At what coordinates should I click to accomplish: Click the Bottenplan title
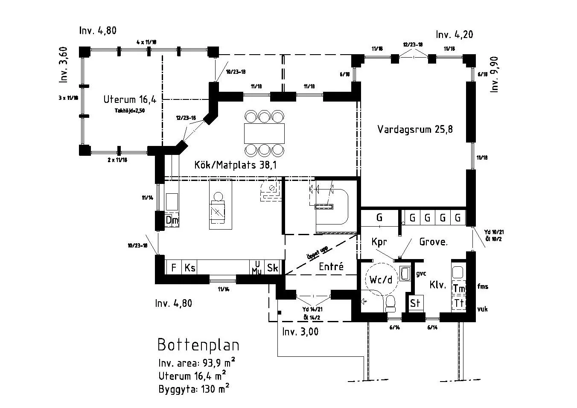click(x=198, y=345)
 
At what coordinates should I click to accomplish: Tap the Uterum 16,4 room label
click(x=130, y=100)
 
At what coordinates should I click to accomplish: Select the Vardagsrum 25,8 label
click(x=415, y=129)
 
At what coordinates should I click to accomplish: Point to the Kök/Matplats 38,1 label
click(x=235, y=165)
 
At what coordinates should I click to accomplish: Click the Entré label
click(x=331, y=267)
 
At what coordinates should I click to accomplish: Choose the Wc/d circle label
click(x=381, y=280)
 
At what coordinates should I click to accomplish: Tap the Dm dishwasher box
click(x=172, y=220)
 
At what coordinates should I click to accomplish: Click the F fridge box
click(x=174, y=268)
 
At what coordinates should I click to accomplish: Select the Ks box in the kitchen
click(x=190, y=268)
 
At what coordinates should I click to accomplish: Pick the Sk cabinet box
click(x=272, y=268)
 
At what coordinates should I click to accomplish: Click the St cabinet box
click(x=415, y=303)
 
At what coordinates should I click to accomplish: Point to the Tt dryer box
click(x=459, y=303)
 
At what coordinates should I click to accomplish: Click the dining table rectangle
click(x=264, y=133)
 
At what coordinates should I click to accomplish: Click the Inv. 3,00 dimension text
click(x=300, y=332)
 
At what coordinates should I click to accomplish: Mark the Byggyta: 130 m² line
click(x=194, y=389)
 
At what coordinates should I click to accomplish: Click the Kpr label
click(x=379, y=242)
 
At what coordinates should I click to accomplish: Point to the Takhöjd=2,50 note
click(x=130, y=110)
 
